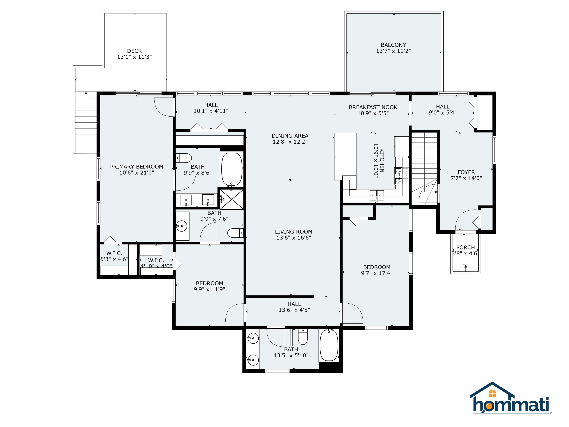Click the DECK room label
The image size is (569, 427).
point(134,51)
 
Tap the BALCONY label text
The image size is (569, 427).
point(393,45)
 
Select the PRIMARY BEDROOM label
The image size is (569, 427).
point(137,167)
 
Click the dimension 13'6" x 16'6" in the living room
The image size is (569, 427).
point(294,238)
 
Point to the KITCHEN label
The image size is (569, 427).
point(382,160)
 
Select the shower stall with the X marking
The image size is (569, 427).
point(232,199)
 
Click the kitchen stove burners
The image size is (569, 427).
point(401,176)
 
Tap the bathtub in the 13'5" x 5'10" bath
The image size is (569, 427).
point(329,345)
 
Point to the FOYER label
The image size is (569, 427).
point(466,172)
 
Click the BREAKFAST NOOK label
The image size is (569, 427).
point(373,107)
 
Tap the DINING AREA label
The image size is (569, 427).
point(290,136)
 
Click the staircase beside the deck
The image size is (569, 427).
point(86,122)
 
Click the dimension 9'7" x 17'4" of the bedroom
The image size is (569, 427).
point(377,273)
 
